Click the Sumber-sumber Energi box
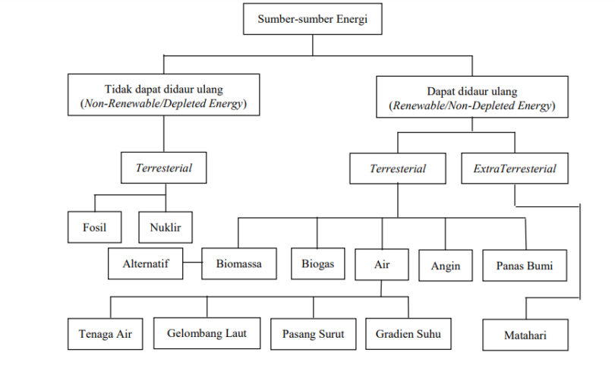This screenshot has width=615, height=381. [312, 20]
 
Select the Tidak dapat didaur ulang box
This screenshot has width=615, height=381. [164, 95]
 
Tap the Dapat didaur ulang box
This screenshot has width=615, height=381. [471, 97]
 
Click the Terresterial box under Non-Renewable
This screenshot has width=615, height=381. [164, 168]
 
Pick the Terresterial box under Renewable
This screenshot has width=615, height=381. [398, 168]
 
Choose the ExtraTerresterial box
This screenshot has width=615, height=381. [514, 168]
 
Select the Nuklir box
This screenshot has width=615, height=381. [166, 226]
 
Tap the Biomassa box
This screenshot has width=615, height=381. [239, 264]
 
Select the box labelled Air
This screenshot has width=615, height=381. [381, 264]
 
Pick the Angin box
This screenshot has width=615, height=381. [445, 266]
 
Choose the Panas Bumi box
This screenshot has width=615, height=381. [525, 266]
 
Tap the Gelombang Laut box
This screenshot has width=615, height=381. [207, 332]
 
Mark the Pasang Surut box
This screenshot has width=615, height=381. [313, 333]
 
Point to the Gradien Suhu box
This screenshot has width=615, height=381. [408, 333]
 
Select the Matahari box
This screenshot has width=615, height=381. [525, 334]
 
